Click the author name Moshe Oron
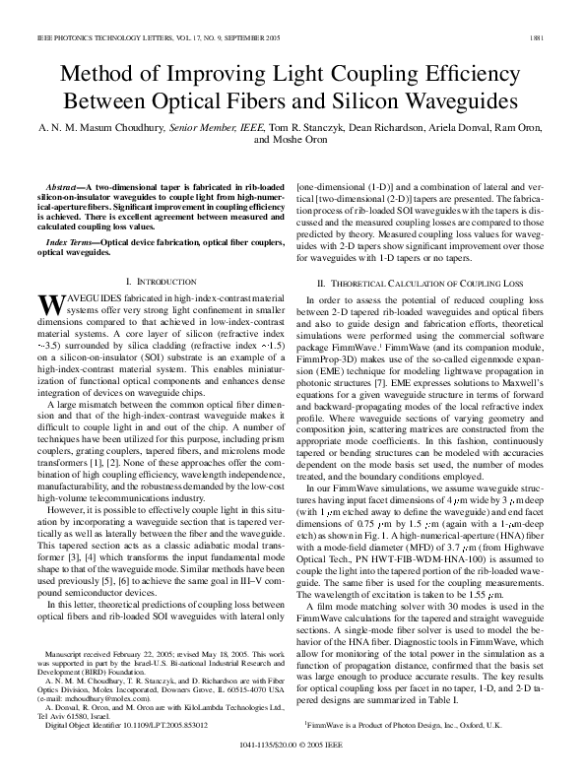pos(292,140)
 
